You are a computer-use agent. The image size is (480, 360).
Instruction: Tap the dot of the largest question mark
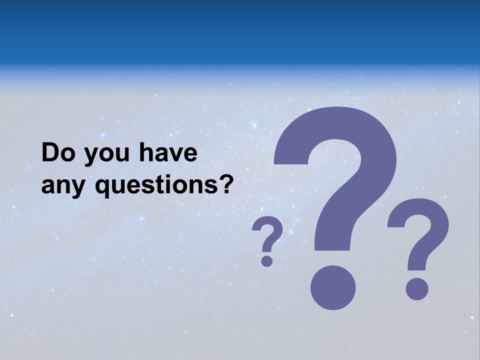333,288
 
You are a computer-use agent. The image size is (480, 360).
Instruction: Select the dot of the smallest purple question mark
267,261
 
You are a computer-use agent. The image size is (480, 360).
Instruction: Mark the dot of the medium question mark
416,289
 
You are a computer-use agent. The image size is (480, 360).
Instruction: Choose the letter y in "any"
80,188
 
